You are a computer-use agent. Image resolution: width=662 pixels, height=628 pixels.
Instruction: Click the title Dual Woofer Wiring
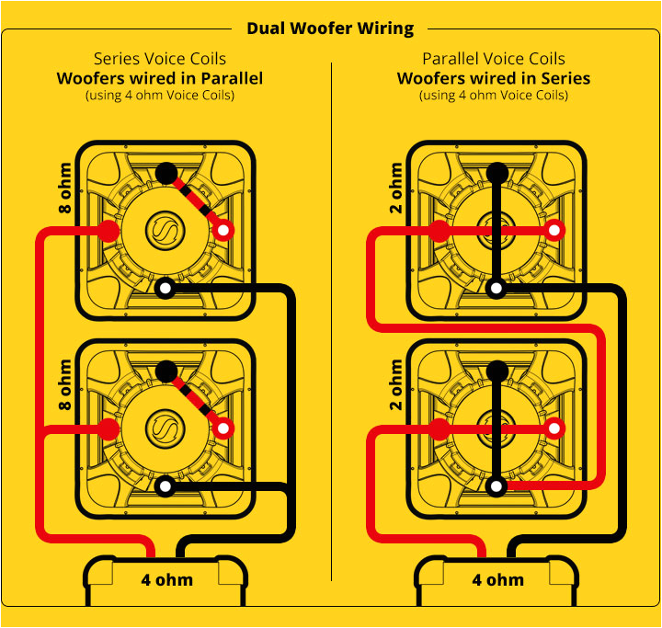click(330, 29)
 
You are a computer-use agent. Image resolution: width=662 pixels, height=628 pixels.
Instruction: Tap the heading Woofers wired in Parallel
click(159, 78)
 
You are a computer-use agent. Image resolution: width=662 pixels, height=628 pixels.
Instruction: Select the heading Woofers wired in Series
click(494, 78)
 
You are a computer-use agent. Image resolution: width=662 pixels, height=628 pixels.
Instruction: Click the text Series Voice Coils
click(159, 59)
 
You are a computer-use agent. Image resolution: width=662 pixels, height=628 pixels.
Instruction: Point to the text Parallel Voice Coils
click(494, 59)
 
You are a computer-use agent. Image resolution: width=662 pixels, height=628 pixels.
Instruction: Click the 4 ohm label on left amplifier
click(166, 580)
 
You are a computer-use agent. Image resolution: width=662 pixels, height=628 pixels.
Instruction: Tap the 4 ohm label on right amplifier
click(497, 580)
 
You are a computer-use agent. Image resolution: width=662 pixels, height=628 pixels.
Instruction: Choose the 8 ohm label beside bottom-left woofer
click(65, 385)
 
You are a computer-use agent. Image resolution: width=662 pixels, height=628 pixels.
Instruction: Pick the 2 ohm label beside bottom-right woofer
click(396, 385)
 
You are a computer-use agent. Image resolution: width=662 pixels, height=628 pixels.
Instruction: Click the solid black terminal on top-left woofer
click(165, 172)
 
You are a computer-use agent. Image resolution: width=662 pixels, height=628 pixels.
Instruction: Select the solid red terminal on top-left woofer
click(108, 231)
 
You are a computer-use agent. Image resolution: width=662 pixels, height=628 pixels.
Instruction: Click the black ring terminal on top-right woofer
click(496, 289)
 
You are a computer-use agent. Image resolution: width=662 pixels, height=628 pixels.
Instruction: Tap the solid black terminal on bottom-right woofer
click(496, 371)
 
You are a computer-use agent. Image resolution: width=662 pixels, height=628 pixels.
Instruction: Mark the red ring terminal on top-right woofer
click(554, 231)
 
